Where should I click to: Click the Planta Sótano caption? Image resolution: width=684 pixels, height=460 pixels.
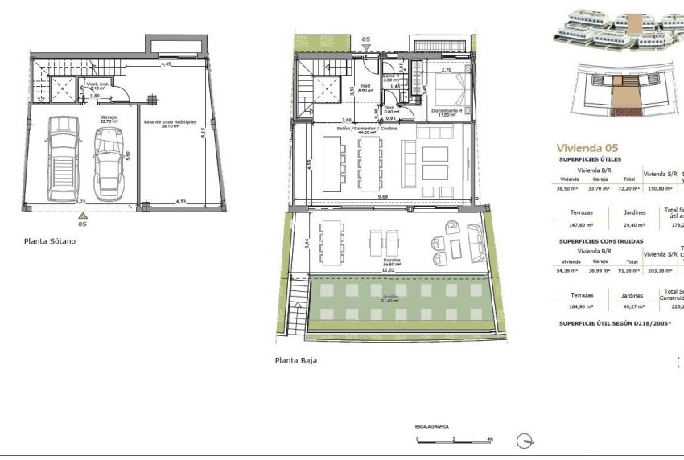[50, 240]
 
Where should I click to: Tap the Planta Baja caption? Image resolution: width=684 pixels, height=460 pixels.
[295, 361]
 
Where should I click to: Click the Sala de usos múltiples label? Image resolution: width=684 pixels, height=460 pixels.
[170, 122]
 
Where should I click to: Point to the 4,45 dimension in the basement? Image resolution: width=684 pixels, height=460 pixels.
[166, 63]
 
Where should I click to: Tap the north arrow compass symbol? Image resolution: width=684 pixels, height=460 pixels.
[525, 439]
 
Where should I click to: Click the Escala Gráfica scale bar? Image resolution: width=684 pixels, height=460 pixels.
[454, 440]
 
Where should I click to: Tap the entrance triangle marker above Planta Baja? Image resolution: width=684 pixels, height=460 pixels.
[367, 47]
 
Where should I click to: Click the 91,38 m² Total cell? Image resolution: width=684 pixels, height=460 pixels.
[632, 272]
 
